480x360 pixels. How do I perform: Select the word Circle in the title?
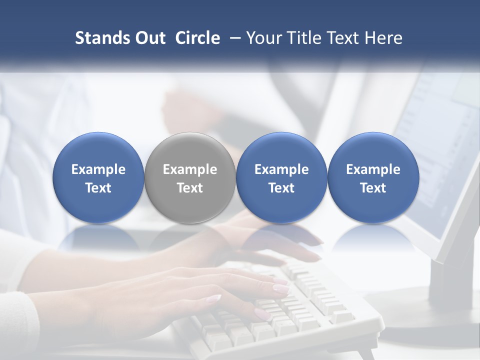tap(197, 38)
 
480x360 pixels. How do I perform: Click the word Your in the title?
tap(263, 38)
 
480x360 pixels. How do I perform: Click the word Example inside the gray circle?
tap(190, 169)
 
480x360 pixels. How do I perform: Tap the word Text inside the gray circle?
tap(190, 188)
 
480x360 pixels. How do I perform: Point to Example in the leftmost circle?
tap(98, 169)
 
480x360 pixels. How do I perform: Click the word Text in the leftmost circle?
tap(98, 188)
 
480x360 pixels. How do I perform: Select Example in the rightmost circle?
tap(373, 169)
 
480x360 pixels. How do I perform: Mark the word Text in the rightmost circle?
tap(373, 188)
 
